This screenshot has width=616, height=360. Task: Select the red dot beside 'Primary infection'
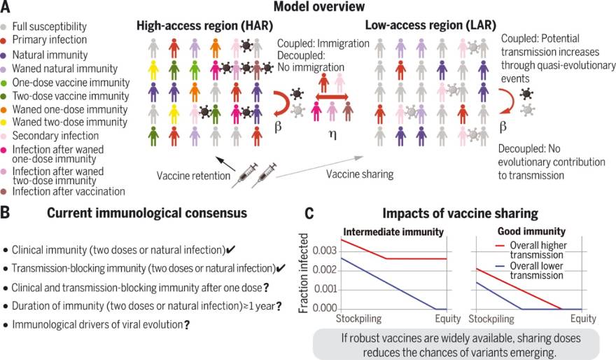(x=6, y=40)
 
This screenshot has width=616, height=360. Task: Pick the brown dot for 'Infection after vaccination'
(x=6, y=191)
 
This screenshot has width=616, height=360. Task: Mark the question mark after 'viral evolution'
(x=187, y=325)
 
